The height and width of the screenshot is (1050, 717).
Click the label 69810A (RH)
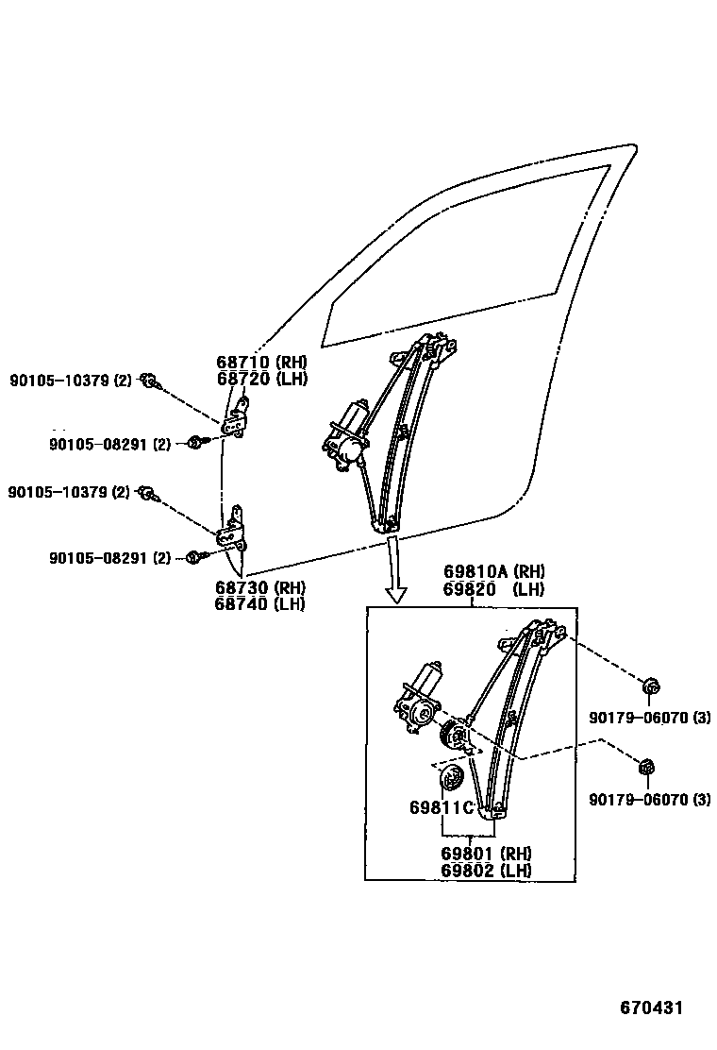pyautogui.click(x=494, y=572)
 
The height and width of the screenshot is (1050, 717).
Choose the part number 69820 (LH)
pyautogui.click(x=494, y=588)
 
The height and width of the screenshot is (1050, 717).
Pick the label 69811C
pyautogui.click(x=441, y=808)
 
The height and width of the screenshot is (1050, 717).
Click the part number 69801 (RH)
pyautogui.click(x=485, y=854)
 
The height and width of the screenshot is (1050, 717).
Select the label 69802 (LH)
pyautogui.click(x=485, y=870)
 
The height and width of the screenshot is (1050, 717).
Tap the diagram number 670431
pyautogui.click(x=651, y=1008)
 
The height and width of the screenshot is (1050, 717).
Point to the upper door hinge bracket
pyautogui.click(x=241, y=418)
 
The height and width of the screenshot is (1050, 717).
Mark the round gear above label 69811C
pyautogui.click(x=451, y=780)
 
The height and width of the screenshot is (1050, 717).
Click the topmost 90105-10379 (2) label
pyautogui.click(x=71, y=381)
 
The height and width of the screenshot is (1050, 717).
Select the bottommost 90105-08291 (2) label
pyautogui.click(x=110, y=558)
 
